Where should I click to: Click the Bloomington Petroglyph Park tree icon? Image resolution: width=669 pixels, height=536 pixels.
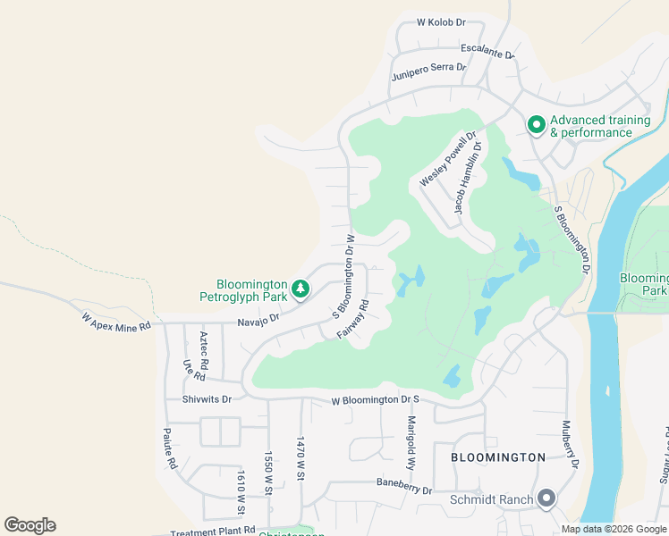click(302, 288)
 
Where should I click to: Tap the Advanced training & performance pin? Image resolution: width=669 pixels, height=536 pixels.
click(536, 125)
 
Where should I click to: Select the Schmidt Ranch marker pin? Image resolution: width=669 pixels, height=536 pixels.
click(548, 499)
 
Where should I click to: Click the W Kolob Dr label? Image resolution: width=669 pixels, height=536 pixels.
click(442, 22)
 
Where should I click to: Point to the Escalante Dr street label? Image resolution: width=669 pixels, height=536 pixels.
click(488, 52)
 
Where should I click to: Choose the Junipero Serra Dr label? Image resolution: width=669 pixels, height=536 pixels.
click(429, 72)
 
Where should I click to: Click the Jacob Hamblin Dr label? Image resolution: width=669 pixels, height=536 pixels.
click(468, 178)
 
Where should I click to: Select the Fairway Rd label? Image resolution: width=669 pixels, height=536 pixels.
click(353, 319)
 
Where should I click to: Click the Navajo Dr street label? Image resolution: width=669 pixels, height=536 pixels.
click(258, 319)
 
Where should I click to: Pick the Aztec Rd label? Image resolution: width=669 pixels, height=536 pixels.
click(205, 347)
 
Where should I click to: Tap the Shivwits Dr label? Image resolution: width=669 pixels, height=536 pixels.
click(207, 399)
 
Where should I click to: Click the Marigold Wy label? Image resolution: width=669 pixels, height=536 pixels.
click(412, 443)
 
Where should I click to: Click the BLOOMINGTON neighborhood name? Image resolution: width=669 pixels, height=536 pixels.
click(498, 457)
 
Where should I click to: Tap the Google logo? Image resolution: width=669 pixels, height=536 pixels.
click(30, 525)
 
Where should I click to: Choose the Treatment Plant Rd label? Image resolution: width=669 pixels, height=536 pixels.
click(213, 531)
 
